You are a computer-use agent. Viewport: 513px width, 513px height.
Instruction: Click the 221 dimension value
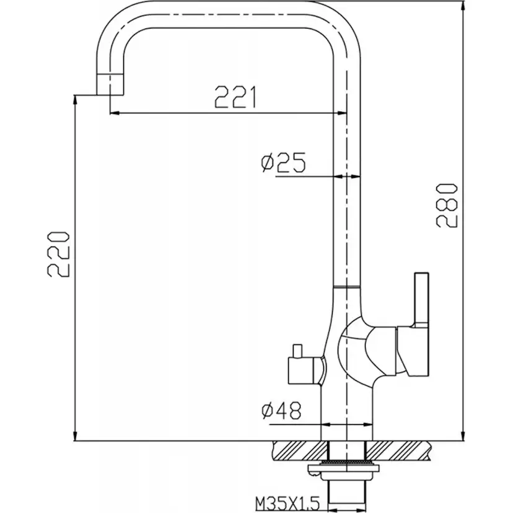(235, 97)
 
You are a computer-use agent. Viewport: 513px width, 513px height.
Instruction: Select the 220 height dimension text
(59, 255)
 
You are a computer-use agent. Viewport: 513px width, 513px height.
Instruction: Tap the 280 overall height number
(447, 206)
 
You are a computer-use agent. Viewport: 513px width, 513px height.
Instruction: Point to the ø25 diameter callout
(283, 162)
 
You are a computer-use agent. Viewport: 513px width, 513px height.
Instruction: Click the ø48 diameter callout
(281, 411)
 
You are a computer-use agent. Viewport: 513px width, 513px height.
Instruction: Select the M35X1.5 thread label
(287, 503)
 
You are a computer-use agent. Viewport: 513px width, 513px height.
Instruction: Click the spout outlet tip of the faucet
(110, 84)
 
